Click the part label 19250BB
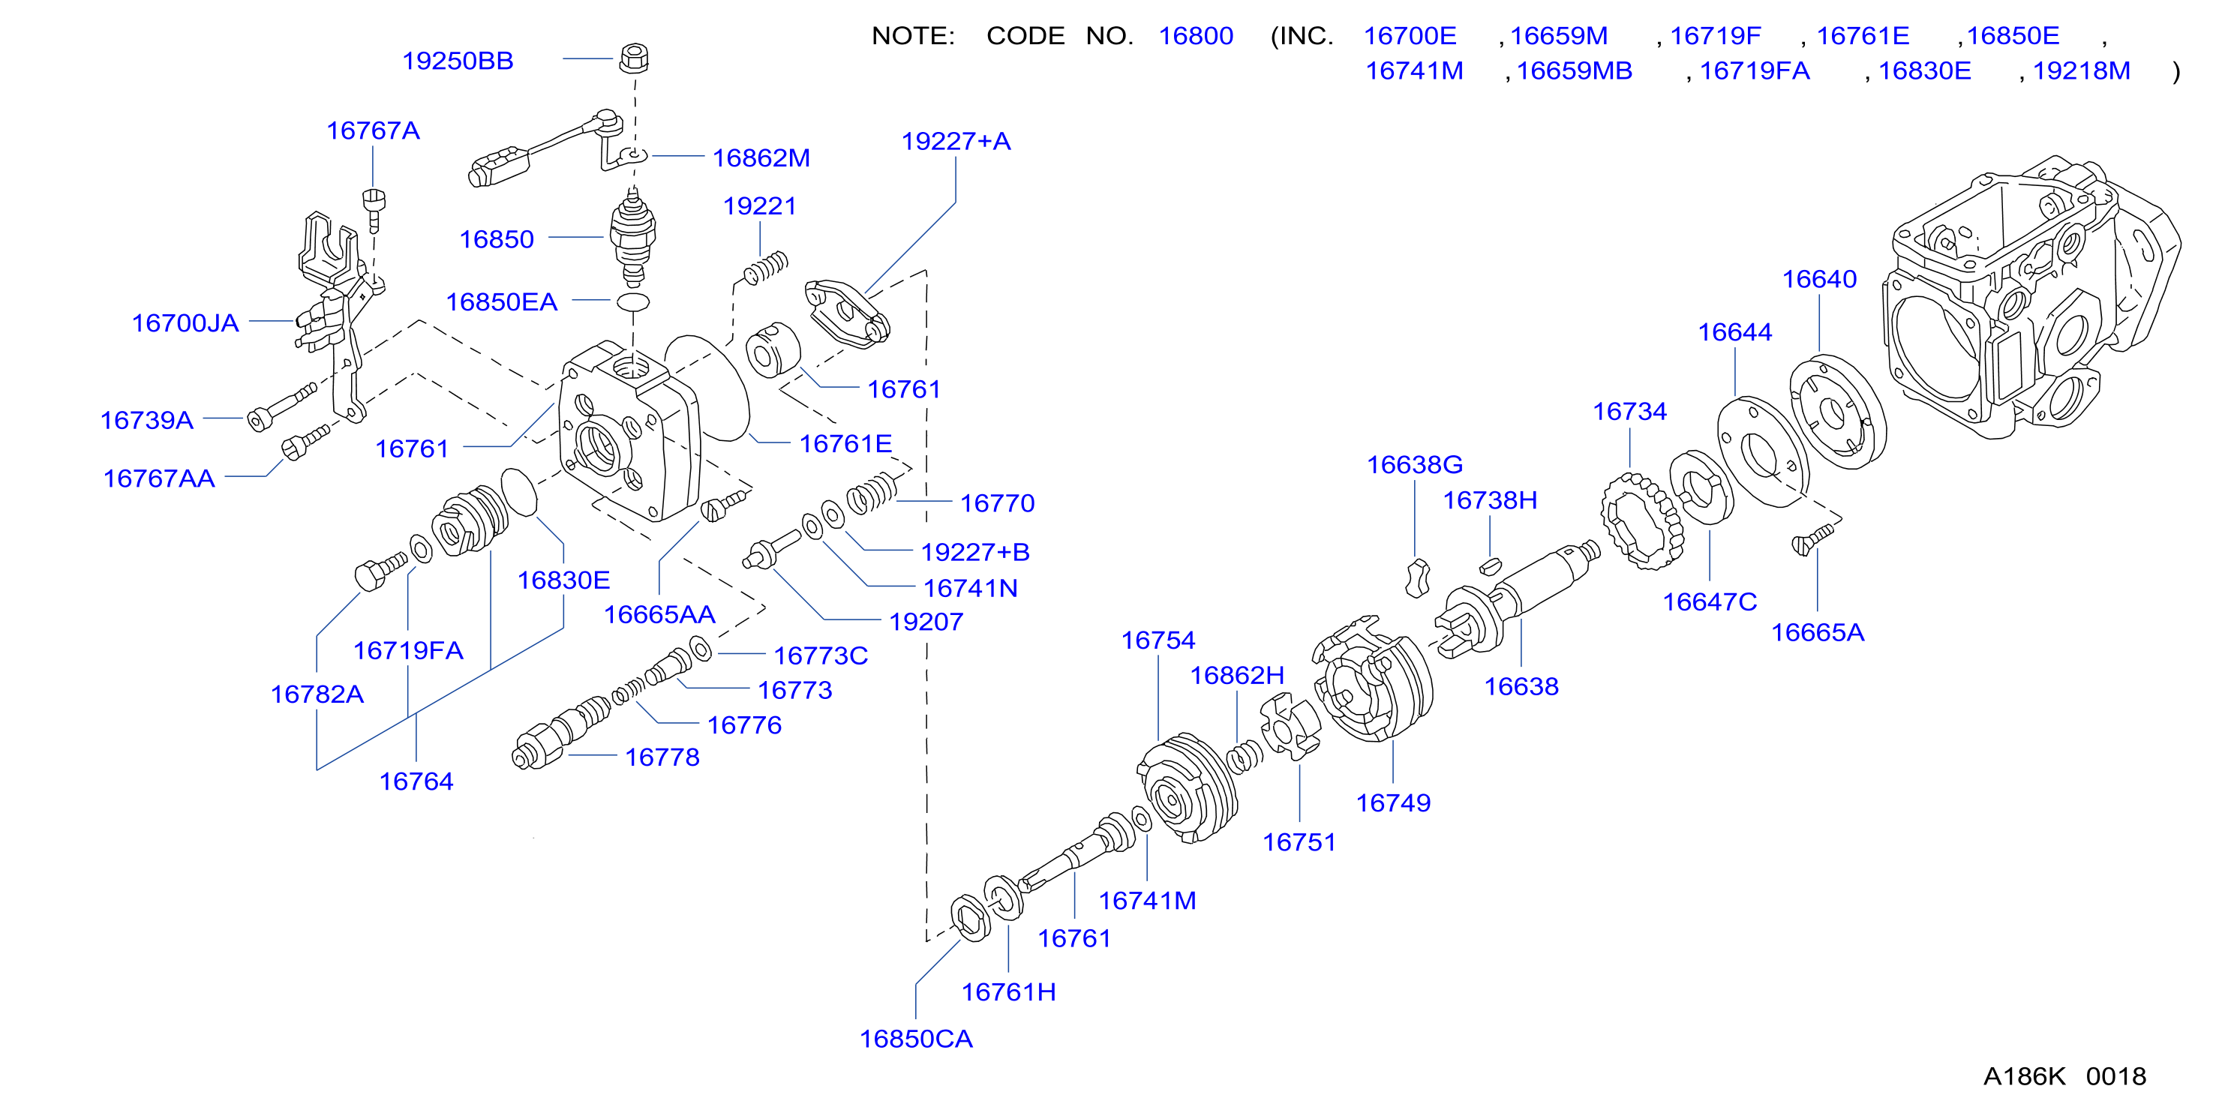[458, 61]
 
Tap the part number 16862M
[761, 157]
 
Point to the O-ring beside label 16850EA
[633, 301]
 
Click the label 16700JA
[185, 322]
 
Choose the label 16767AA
[159, 478]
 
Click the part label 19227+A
[956, 141]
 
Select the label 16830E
[563, 580]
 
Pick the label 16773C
[821, 655]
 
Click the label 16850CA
[916, 1038]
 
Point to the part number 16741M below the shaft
[1147, 900]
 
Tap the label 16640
[1819, 279]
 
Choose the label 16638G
[1415, 464]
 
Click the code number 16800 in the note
[1196, 36]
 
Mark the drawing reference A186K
[2023, 1076]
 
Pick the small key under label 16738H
[1491, 566]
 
